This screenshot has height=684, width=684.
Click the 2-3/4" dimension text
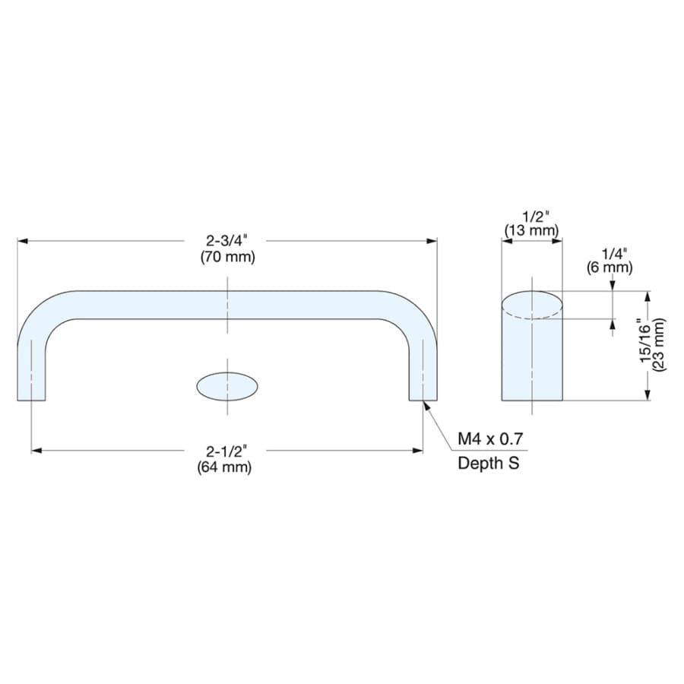tap(226, 240)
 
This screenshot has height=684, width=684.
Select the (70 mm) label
tap(228, 257)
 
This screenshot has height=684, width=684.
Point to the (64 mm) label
tap(225, 467)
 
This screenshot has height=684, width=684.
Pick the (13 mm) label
tap(532, 230)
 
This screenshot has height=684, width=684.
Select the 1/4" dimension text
tap(614, 254)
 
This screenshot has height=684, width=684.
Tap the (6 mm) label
tap(610, 267)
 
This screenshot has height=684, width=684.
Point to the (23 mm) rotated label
tap(659, 344)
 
